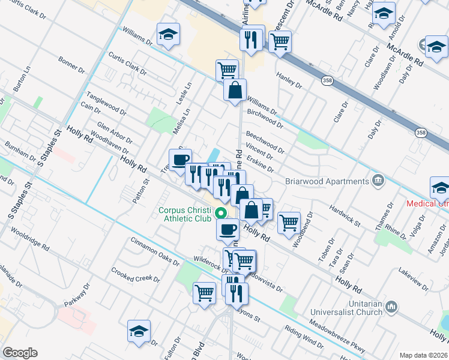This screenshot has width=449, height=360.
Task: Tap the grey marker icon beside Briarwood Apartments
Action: tap(377, 180)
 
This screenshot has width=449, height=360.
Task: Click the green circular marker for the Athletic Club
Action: tap(221, 213)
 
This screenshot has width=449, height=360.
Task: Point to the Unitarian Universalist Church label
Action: tap(346, 308)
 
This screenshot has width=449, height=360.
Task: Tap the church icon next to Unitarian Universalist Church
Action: tap(391, 307)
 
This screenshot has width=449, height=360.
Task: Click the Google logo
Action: tap(20, 353)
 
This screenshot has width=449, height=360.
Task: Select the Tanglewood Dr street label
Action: tap(106, 104)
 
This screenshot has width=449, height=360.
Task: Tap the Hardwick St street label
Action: tap(345, 216)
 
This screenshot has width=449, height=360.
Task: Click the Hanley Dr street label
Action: tap(289, 78)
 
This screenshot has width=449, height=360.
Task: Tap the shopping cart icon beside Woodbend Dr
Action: tap(289, 223)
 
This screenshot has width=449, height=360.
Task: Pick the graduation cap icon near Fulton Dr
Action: tap(139, 331)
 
